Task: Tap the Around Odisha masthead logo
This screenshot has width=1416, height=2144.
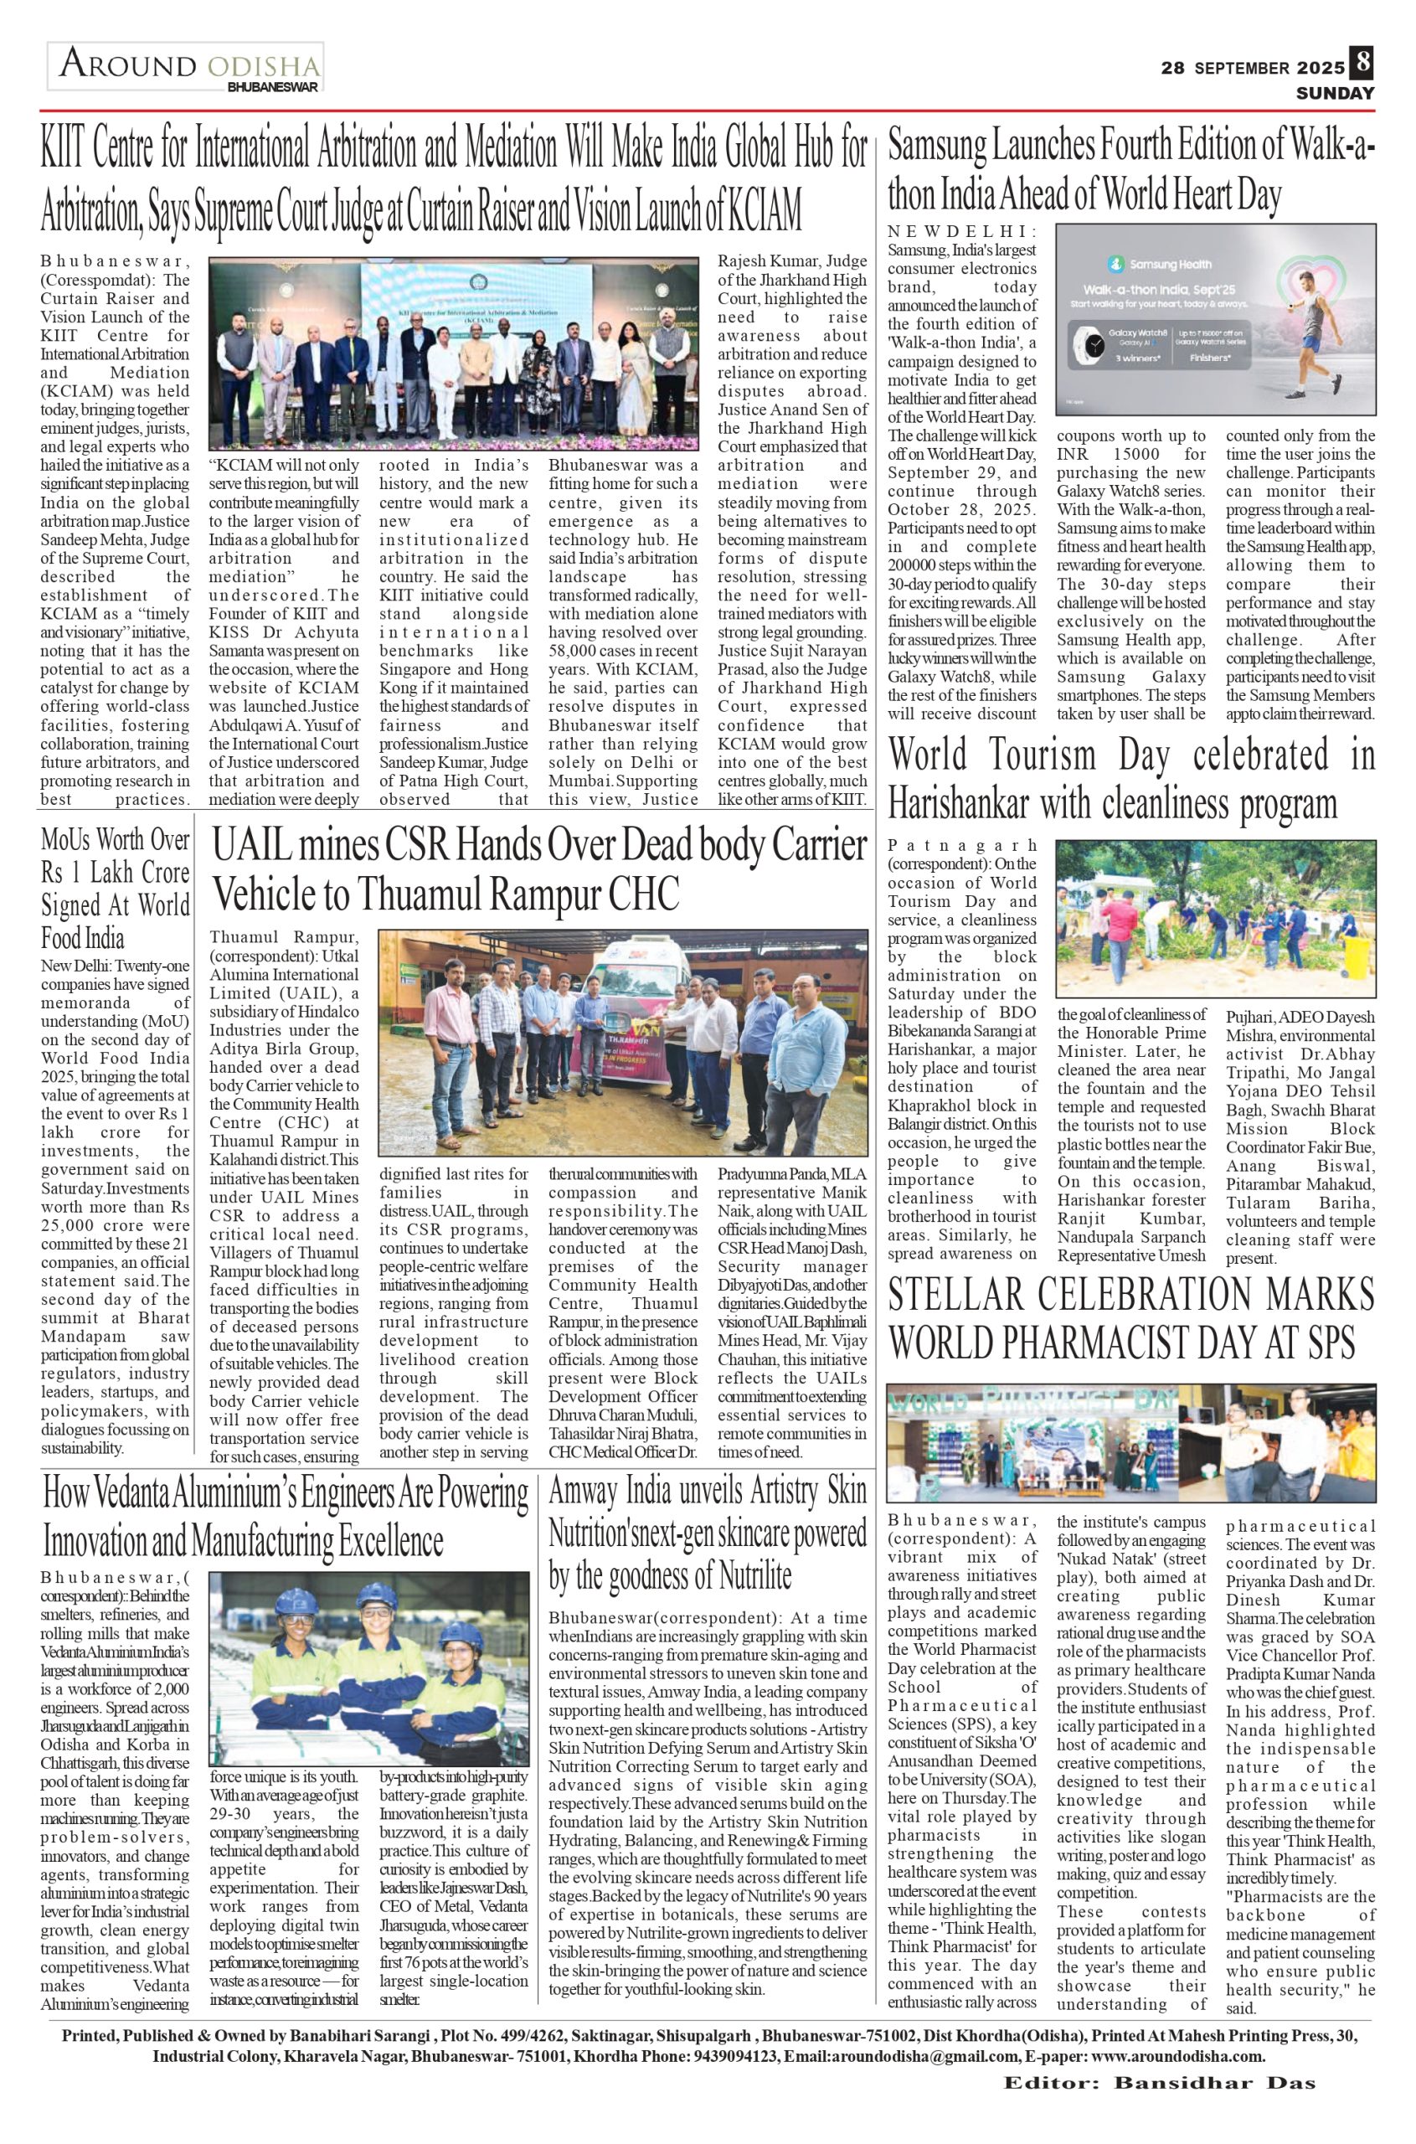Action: click(x=188, y=69)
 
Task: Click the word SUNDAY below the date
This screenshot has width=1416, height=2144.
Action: click(x=1336, y=93)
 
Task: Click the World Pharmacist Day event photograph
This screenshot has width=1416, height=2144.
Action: click(x=1130, y=1443)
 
